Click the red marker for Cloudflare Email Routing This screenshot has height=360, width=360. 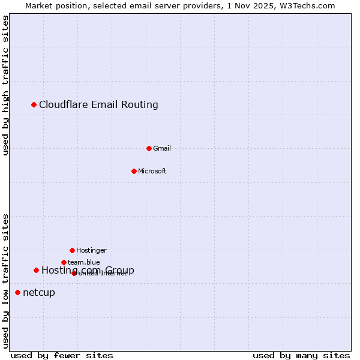pos(34,105)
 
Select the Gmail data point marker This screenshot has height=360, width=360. pos(149,148)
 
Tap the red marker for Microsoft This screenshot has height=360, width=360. pos(134,171)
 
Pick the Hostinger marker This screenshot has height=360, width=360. pos(72,250)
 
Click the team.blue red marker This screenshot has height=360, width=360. pos(64,262)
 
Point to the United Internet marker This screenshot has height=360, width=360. pos(74,273)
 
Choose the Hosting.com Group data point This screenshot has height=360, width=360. pos(36,271)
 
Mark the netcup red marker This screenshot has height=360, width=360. pos(17,292)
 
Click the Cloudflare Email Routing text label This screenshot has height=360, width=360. pos(98,105)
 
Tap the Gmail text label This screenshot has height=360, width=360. pos(162,148)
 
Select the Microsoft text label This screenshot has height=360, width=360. pos(152,171)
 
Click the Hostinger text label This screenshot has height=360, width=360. pos(91,250)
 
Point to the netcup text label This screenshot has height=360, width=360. pos(39,292)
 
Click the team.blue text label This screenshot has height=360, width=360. pos(84,262)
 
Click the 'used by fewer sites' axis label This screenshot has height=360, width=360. pos(62,355)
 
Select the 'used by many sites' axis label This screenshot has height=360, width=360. pos(301,355)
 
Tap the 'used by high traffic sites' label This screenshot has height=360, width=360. pos(6,85)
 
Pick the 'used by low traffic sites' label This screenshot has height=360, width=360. pos(6,280)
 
